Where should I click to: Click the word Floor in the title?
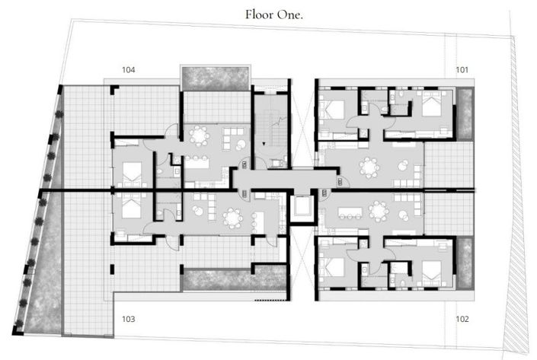pos(260,14)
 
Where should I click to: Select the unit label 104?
pos(129,70)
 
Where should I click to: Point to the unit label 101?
pos(462,70)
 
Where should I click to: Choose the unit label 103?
pos(128,319)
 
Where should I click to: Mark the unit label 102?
pos(462,319)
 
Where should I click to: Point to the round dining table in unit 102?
pos(377,211)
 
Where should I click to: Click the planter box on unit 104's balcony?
pos(216,78)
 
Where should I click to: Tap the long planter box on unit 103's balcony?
pos(217,279)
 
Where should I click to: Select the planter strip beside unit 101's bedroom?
pos(464,114)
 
